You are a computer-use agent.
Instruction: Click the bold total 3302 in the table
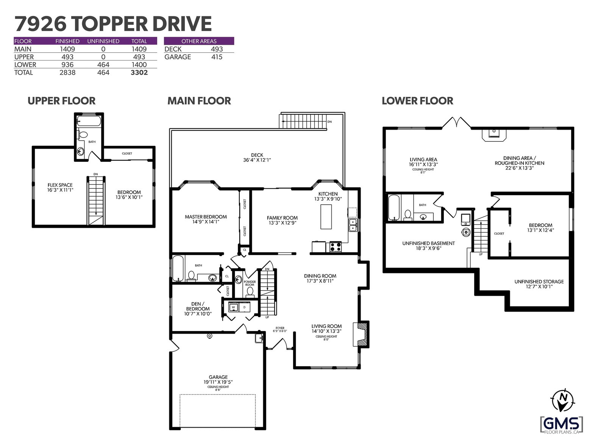139,72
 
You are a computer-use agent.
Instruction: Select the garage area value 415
217,57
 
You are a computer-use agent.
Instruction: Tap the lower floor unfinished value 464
103,65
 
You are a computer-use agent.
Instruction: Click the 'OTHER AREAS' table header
199,41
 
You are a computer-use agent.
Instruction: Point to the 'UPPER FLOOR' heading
61,101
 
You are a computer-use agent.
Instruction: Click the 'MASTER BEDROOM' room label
206,216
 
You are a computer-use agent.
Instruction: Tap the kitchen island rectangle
326,216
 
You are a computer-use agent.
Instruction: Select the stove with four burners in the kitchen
336,247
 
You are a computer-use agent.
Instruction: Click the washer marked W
233,307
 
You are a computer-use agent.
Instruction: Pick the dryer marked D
244,307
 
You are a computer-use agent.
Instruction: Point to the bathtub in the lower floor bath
394,208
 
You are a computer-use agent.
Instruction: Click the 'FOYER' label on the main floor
280,328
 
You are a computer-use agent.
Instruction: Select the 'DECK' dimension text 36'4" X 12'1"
257,160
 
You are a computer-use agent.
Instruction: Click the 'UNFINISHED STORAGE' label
539,282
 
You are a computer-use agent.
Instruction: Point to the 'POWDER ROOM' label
250,283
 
